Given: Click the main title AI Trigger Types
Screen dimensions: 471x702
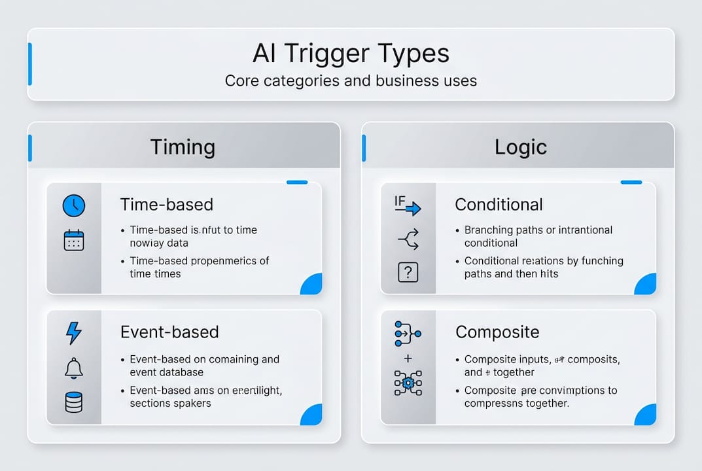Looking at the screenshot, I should pyautogui.click(x=351, y=53).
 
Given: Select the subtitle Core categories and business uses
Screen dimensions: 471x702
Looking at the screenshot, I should pyautogui.click(x=351, y=81).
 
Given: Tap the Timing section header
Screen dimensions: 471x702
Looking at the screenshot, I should pyautogui.click(x=183, y=147).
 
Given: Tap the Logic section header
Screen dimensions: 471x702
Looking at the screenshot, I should pyautogui.click(x=520, y=147).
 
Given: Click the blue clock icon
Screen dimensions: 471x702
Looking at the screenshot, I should pyautogui.click(x=73, y=206).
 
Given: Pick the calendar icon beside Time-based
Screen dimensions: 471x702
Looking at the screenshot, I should pyautogui.click(x=73, y=240).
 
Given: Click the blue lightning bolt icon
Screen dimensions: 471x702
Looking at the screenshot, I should pyautogui.click(x=74, y=333).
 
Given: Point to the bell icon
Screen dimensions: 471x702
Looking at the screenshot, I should pyautogui.click(x=74, y=368).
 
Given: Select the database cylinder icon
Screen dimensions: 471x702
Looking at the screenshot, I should pyautogui.click(x=74, y=402).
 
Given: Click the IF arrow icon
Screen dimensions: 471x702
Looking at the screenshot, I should pyautogui.click(x=407, y=205).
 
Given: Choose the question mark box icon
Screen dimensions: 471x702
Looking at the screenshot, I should pyautogui.click(x=408, y=272).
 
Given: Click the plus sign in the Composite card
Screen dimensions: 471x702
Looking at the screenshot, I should pyautogui.click(x=408, y=358).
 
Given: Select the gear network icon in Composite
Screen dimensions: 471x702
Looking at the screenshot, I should pyautogui.click(x=408, y=383).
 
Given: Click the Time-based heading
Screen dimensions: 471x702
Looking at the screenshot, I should pyautogui.click(x=167, y=205).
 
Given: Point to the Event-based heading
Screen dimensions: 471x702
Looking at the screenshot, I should pyautogui.click(x=169, y=332).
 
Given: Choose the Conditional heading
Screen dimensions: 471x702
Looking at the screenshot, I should pyautogui.click(x=499, y=205).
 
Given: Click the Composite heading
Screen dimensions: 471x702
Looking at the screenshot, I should pyautogui.click(x=497, y=332).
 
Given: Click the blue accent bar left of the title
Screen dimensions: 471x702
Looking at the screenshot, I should pyautogui.click(x=29, y=64).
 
